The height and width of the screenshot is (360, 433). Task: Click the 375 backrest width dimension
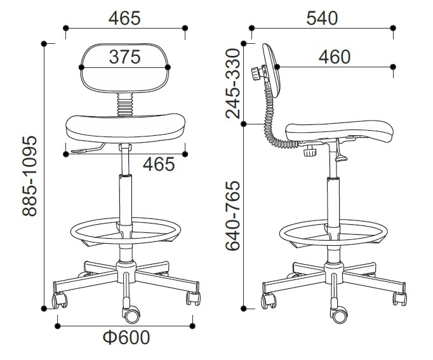pos(125,57)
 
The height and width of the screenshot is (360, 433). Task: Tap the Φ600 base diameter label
pos(126,337)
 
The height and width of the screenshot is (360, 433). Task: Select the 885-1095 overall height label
pos(30,176)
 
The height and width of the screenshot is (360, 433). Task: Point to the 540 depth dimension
pos(322,18)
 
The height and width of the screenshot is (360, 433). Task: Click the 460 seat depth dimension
pos(335,57)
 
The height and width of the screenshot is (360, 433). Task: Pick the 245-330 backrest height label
pos(232,83)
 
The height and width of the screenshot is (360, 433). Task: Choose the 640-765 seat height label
pos(232,216)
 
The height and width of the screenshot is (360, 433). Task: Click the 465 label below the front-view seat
pos(159,164)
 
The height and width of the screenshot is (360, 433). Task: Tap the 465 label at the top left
pos(124,18)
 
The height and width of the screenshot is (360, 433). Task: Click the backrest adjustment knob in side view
pos(256,74)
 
